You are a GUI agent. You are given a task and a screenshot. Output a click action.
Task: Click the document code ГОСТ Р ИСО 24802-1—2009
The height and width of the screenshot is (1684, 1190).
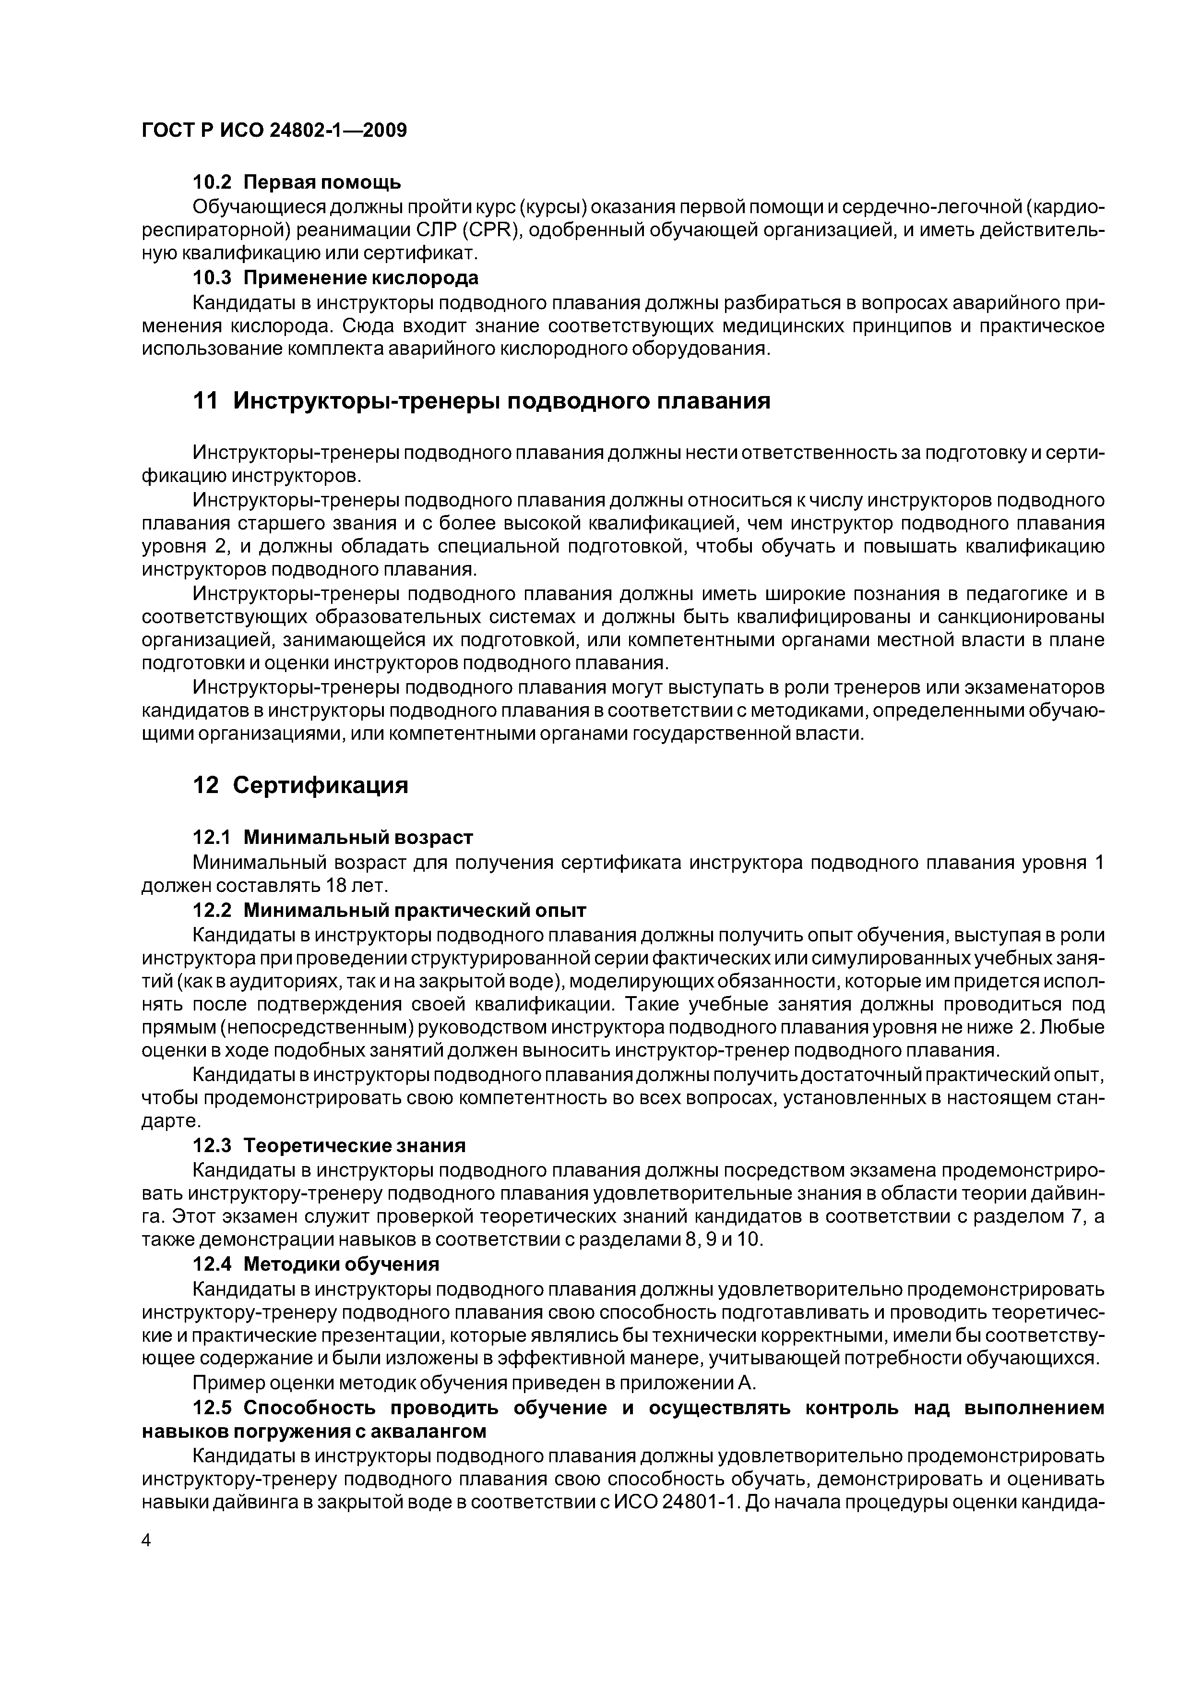(274, 131)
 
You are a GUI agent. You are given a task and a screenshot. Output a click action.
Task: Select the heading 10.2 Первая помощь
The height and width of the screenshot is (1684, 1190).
(296, 181)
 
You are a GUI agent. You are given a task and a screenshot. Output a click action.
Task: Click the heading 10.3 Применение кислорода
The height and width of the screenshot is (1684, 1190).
(335, 278)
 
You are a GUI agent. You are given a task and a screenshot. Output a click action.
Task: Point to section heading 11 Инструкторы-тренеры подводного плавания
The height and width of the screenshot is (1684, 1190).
(481, 401)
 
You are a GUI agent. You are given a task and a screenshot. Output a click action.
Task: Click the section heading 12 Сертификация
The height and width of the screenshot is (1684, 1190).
(300, 785)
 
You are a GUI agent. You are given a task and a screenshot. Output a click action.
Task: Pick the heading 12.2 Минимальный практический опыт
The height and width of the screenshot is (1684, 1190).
(389, 910)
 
